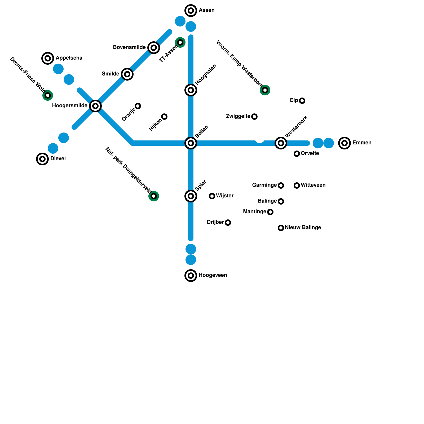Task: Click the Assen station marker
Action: (191, 11)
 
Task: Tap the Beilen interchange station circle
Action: (191, 143)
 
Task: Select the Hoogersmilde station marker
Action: (95, 106)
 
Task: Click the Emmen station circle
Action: (344, 143)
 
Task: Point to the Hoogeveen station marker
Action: (191, 276)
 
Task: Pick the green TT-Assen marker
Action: (180, 42)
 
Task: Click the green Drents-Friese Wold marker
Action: (48, 95)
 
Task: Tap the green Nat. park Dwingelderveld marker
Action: (154, 196)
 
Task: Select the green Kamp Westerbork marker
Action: (265, 90)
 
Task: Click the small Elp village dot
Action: (302, 101)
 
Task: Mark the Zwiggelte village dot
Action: (254, 117)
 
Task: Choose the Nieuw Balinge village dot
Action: (281, 228)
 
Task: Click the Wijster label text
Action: (225, 196)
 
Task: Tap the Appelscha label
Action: (69, 58)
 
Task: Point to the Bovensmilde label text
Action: (129, 47)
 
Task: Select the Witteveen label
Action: (313, 185)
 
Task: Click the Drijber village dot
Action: (228, 223)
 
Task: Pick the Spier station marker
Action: (191, 196)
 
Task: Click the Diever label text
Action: (58, 159)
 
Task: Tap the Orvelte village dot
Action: (297, 154)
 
